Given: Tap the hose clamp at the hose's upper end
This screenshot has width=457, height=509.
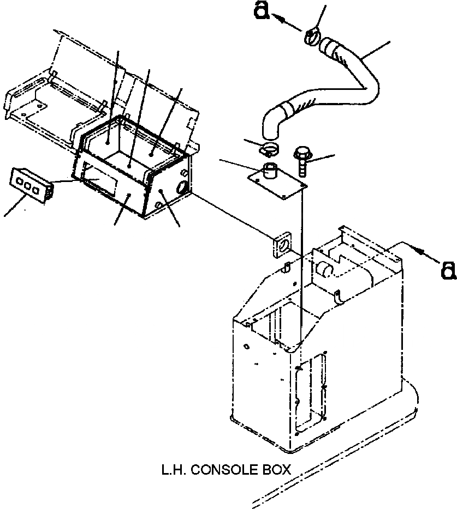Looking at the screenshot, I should coord(313,37).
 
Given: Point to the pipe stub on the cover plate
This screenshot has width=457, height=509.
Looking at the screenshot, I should coord(269,171).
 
